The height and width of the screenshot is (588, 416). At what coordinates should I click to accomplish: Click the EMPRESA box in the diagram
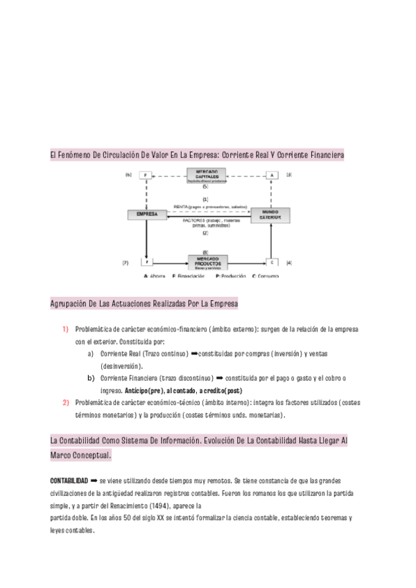[147, 216]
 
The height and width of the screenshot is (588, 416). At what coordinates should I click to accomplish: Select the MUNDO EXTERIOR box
[270, 215]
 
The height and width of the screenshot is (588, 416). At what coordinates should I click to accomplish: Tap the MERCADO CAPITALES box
[207, 176]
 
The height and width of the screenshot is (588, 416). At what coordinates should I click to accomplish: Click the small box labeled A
[272, 175]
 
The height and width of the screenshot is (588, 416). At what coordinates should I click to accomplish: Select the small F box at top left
[146, 175]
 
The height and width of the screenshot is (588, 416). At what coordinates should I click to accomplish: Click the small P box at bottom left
[146, 263]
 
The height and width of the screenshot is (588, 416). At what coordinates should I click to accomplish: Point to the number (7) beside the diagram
[125, 263]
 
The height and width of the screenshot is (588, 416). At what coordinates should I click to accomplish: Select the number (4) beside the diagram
[288, 263]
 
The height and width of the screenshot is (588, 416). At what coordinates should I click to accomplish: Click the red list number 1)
[65, 329]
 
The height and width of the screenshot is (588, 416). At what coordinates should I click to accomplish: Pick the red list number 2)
[65, 402]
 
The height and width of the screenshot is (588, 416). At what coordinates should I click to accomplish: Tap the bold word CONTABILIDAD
[69, 481]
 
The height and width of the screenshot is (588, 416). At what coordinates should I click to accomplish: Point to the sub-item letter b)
[91, 378]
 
